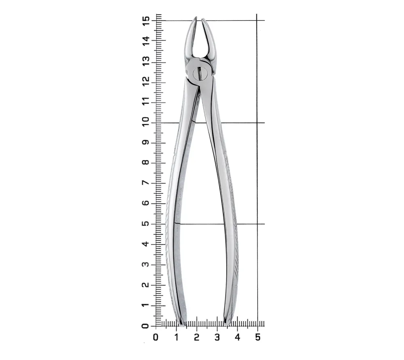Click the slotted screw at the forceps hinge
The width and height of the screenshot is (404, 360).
tap(200, 73)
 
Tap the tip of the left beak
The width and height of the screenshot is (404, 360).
tap(196, 17)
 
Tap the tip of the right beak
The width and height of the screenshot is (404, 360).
tap(202, 19)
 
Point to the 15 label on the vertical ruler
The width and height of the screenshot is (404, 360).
tap(145, 20)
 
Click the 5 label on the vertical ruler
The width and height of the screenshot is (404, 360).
tap(145, 223)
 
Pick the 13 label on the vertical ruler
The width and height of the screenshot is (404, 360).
tap(145, 61)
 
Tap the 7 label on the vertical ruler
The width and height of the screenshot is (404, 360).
tap(145, 183)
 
